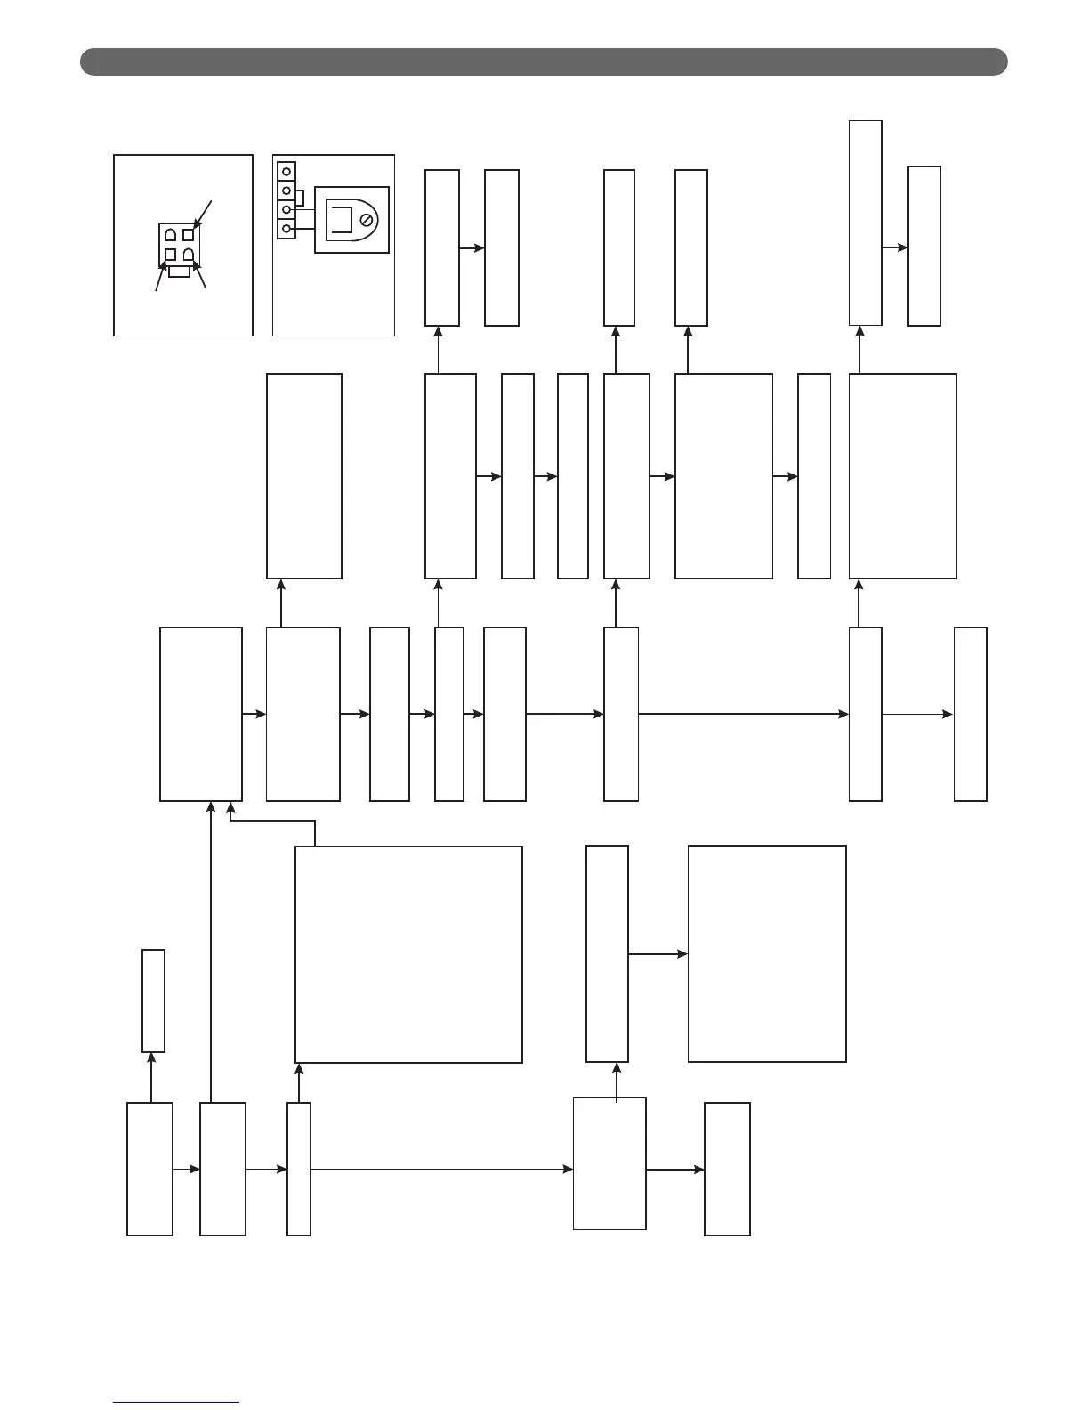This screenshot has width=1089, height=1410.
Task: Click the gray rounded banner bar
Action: (x=544, y=61)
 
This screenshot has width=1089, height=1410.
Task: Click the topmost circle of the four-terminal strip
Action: (x=286, y=170)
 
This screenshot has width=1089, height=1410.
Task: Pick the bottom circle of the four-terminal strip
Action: (x=286, y=230)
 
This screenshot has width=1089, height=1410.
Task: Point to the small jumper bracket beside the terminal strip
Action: (x=300, y=199)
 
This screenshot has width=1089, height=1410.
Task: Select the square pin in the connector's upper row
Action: (x=188, y=235)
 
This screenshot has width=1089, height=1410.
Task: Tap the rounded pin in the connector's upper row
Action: (x=170, y=235)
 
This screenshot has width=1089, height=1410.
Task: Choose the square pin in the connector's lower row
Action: (x=170, y=255)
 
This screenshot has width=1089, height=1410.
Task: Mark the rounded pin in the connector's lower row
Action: (x=188, y=255)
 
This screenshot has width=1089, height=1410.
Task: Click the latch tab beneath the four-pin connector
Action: (x=179, y=271)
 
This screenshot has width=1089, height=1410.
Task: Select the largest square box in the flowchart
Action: (x=408, y=953)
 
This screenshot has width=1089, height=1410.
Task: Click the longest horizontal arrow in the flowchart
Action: (x=440, y=1169)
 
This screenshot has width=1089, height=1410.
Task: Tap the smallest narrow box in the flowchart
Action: (x=153, y=1001)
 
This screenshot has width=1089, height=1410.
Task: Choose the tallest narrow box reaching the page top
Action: (x=865, y=223)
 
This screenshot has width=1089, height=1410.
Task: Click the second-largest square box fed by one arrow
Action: (x=767, y=953)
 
